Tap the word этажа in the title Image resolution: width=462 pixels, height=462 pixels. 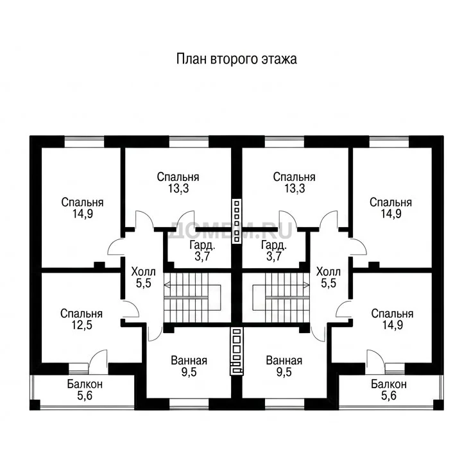pos(278,60)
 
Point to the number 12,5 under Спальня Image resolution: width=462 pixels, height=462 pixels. pos(82,325)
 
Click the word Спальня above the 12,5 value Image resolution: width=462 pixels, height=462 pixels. pos(81,314)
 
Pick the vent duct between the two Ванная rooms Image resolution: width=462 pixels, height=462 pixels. pos(237,352)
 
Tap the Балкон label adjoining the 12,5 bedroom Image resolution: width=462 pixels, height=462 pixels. pos(85,384)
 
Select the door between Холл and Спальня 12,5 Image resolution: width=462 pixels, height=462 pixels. pos(130,309)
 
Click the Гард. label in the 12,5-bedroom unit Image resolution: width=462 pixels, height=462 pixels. pos(202,245)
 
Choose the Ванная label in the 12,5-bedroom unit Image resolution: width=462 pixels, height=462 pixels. pos(189,361)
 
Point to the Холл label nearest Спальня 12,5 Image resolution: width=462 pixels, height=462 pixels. pos(144,271)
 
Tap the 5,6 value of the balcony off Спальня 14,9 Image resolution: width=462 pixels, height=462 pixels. pos(389,396)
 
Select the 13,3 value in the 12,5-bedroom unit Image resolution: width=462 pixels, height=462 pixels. pos(178,188)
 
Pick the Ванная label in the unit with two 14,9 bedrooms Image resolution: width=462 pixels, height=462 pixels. pos(284,361)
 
